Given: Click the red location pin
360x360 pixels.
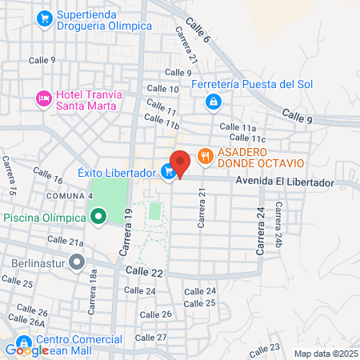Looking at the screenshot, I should click(180, 162).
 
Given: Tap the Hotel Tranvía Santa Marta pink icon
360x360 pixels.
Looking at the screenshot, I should click(43, 99).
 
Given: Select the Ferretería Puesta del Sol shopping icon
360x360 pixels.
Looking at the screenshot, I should click(213, 102).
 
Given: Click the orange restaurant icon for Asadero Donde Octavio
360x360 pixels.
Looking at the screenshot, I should click(206, 157).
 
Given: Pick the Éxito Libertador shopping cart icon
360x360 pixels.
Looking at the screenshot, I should click(167, 171).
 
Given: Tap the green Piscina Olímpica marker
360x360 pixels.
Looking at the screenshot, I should click(98, 217).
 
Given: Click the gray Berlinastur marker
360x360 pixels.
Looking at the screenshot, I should click(77, 262).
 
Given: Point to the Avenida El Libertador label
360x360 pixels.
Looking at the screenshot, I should click(284, 183).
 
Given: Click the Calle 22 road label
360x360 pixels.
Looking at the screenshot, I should click(144, 273).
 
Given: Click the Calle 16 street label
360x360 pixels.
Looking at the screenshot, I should click(47, 177).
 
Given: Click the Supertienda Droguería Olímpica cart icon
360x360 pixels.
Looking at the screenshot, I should click(45, 17).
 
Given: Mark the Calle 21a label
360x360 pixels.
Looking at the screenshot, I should click(65, 240).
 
